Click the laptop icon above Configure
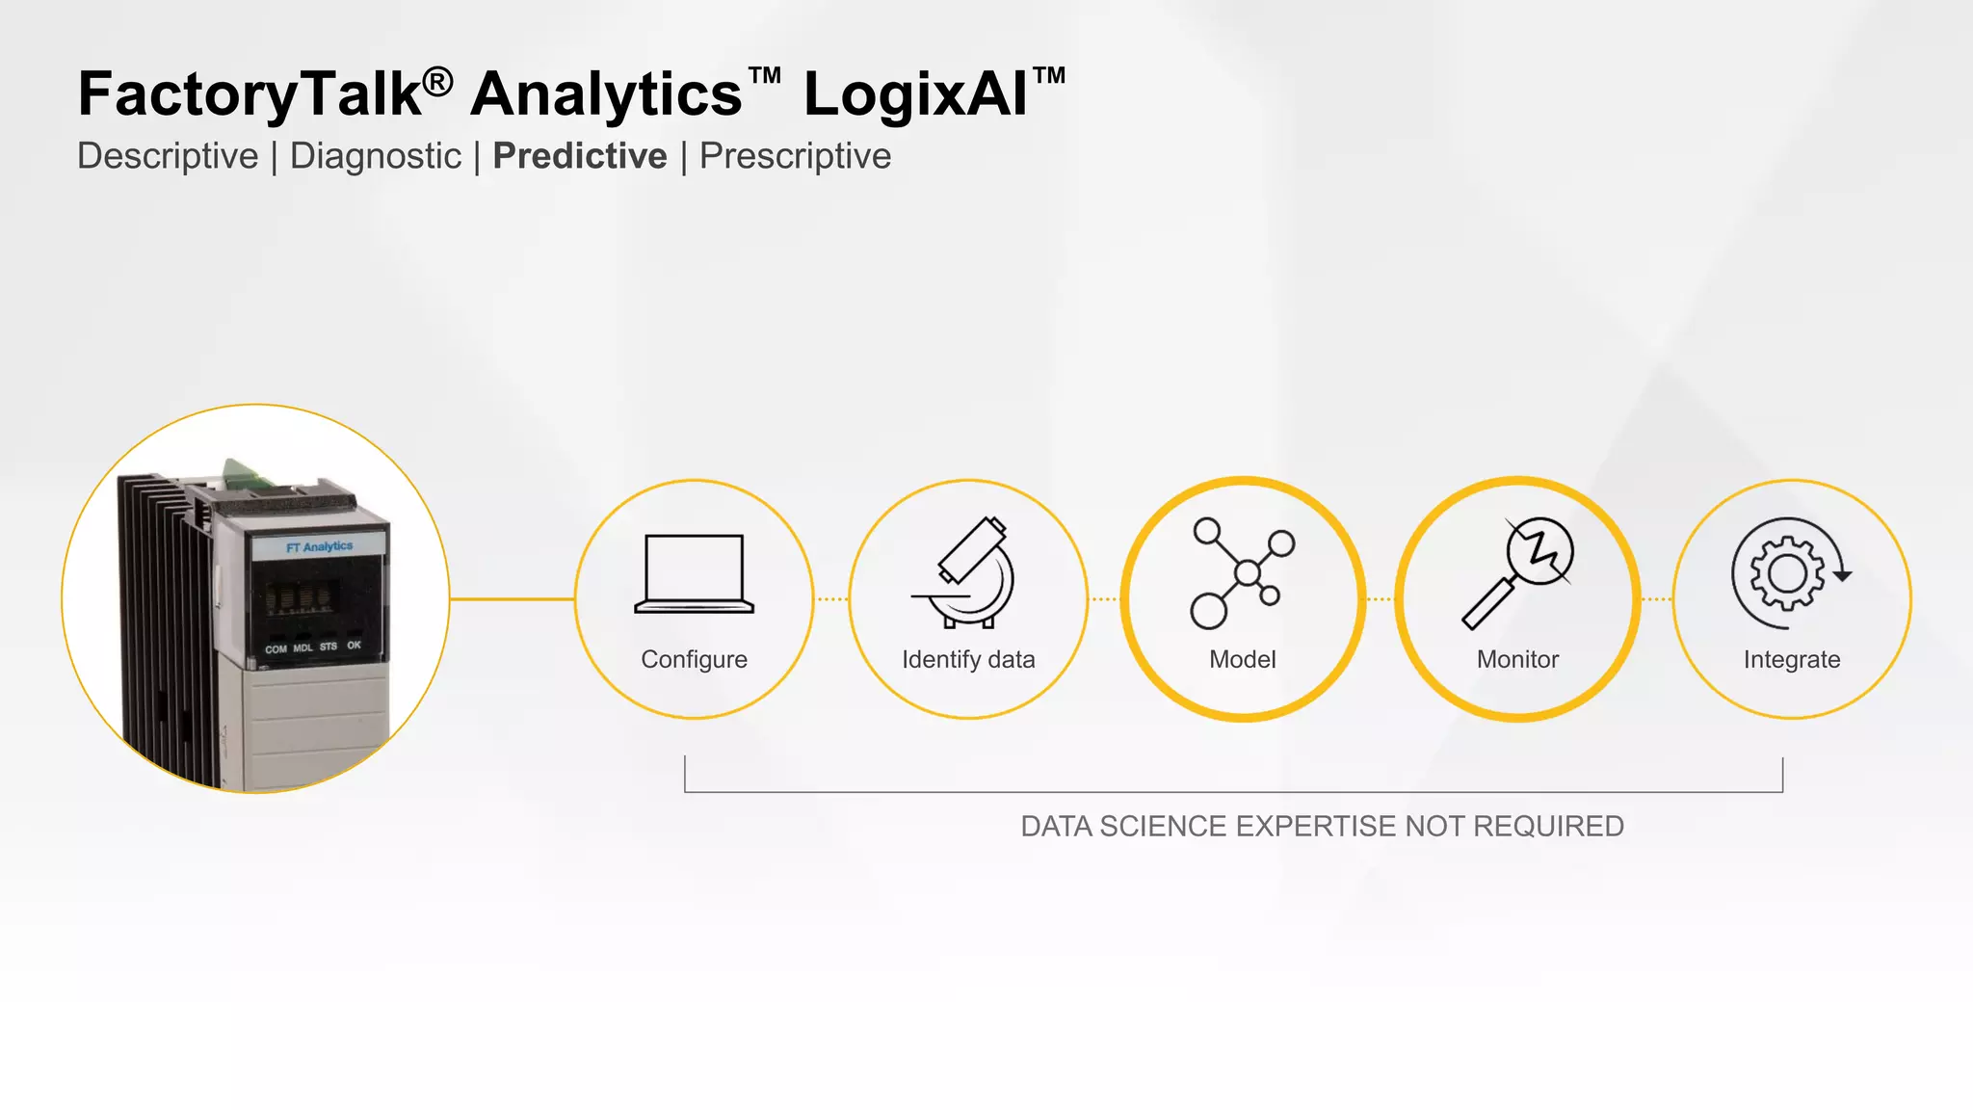tap(694, 574)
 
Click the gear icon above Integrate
tap(1790, 573)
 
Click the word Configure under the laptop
tap(694, 659)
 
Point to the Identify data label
tap(968, 659)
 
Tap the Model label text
tap(1243, 659)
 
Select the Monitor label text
tap(1517, 659)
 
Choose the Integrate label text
tap(1792, 659)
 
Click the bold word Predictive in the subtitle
tap(580, 156)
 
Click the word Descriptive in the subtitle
tap(168, 156)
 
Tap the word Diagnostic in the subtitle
tap(376, 156)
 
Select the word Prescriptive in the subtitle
tap(795, 156)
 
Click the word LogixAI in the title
tap(915, 94)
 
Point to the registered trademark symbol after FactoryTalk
tap(437, 82)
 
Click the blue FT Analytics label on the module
tap(320, 546)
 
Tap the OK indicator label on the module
tap(355, 646)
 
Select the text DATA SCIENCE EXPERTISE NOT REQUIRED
tap(1322, 826)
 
